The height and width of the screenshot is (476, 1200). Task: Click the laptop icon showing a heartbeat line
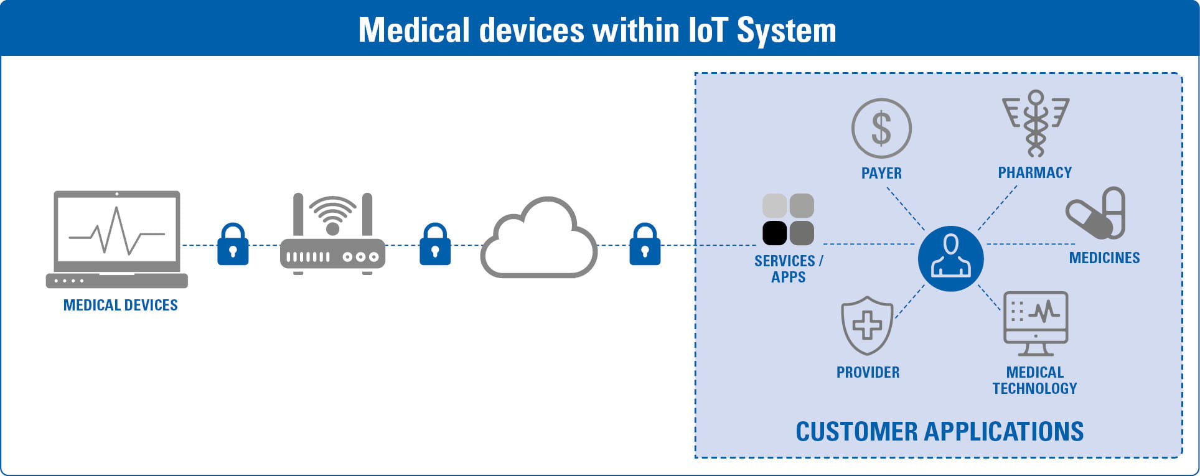tap(117, 239)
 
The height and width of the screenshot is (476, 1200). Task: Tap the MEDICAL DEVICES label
tap(120, 305)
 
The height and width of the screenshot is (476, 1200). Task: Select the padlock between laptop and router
tap(233, 245)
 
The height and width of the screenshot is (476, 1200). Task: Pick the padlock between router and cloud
tap(435, 245)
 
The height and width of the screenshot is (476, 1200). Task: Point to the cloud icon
tap(538, 239)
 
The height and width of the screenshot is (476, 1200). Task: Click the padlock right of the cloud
tap(645, 245)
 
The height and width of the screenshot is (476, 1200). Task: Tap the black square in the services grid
tap(775, 233)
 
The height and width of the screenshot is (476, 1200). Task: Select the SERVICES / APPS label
tap(788, 269)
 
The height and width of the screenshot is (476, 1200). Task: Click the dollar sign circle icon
tap(881, 128)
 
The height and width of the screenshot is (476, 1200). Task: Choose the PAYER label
tap(881, 173)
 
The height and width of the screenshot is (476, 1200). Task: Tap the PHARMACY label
tap(1035, 172)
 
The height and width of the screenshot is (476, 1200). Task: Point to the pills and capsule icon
tap(1096, 213)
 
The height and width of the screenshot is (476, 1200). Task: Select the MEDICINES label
tap(1104, 258)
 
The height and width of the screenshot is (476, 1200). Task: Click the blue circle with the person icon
tap(950, 258)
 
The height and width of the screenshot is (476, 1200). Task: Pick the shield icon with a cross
tap(867, 325)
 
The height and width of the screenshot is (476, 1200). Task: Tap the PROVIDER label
tap(868, 372)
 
